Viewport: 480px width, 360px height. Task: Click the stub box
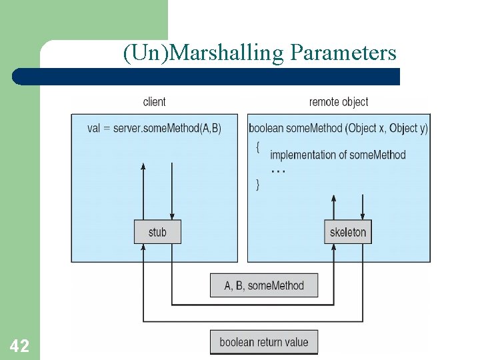click(x=157, y=232)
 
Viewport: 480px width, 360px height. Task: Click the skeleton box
click(x=348, y=232)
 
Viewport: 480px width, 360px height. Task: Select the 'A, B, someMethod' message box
click(x=264, y=285)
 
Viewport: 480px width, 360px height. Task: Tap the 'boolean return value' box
click(x=264, y=342)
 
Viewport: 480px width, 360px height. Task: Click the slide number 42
click(x=19, y=345)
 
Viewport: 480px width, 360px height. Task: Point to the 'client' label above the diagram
click(x=155, y=102)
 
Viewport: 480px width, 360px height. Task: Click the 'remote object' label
click(x=339, y=102)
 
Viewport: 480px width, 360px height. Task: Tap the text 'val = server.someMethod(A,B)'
click(x=154, y=128)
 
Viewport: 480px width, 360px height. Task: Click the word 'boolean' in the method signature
click(x=265, y=128)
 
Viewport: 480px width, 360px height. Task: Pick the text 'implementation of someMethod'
click(x=337, y=155)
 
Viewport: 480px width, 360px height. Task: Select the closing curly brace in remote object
click(x=258, y=185)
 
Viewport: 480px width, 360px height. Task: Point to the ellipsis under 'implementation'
click(x=279, y=171)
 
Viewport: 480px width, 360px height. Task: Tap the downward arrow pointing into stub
click(x=172, y=190)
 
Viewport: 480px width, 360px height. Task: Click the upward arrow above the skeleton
click(x=334, y=207)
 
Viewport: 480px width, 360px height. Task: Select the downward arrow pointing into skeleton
click(x=363, y=207)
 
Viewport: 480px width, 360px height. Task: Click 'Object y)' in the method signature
click(x=409, y=128)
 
